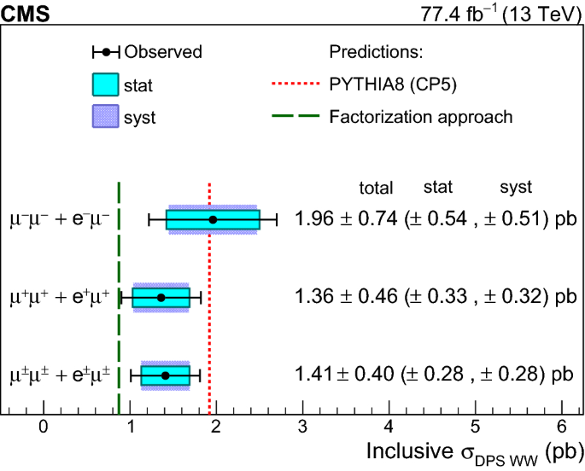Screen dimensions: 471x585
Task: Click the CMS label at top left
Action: [26, 12]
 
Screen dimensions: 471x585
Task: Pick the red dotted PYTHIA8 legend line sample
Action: [295, 84]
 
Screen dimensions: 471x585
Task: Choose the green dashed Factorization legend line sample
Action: [295, 117]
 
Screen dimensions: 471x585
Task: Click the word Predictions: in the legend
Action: [377, 52]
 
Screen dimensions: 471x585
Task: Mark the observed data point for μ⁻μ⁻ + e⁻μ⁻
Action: [213, 219]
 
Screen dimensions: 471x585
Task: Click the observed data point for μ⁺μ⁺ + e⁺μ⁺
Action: [161, 298]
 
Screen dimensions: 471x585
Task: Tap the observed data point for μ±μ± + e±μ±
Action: [165, 375]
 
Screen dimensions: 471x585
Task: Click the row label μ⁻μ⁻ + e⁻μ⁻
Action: [60, 219]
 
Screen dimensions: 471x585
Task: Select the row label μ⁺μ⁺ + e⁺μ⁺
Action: [60, 297]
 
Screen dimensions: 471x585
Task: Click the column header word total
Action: [376, 189]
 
